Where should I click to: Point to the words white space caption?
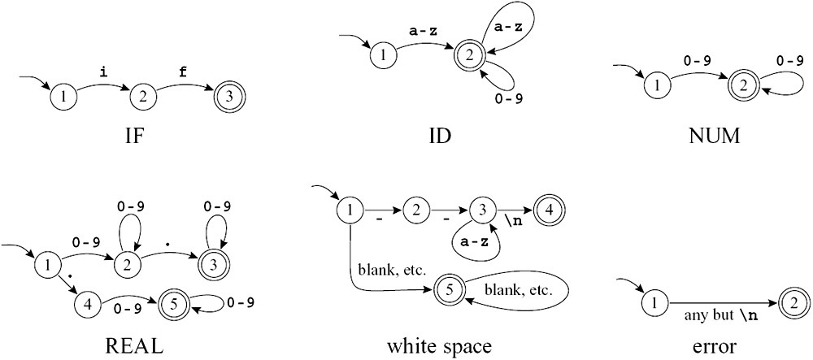(440, 346)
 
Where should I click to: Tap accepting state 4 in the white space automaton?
(548, 211)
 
